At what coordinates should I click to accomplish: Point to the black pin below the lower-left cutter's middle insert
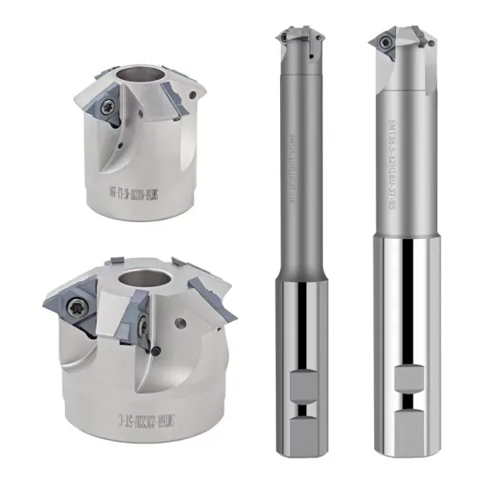[155, 351]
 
